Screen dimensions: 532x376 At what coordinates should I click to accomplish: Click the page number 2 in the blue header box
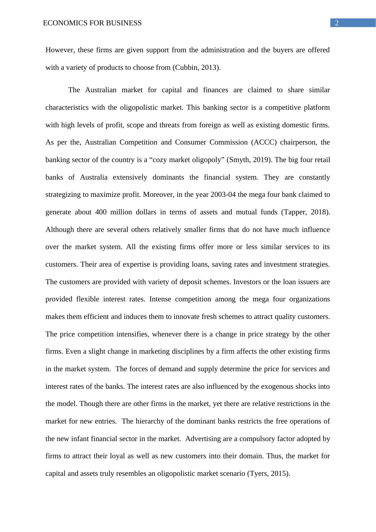coord(337,23)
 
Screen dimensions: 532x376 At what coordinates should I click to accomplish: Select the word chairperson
coord(298,142)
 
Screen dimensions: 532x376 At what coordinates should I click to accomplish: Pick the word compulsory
coord(262,439)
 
